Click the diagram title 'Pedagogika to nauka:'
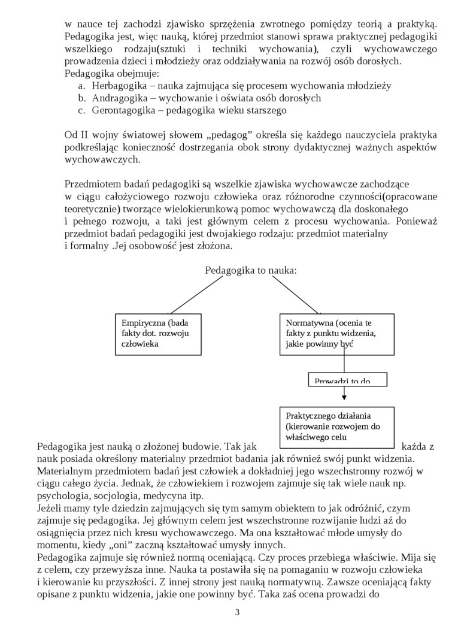point(251,270)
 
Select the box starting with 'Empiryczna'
point(158,334)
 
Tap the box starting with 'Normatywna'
point(336,334)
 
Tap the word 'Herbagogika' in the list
point(117,86)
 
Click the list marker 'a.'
point(82,86)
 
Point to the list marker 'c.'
point(82,110)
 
